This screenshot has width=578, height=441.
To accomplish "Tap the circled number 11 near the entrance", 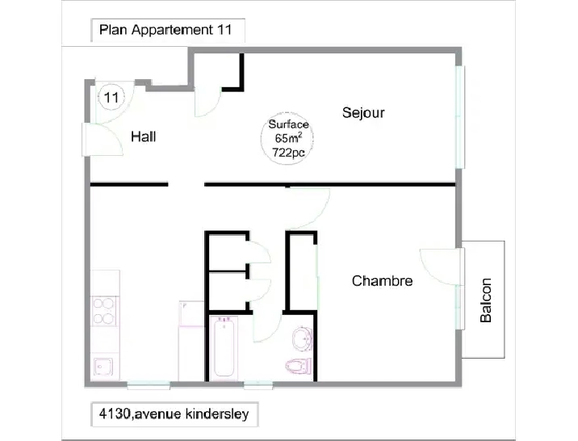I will pyautogui.click(x=111, y=99).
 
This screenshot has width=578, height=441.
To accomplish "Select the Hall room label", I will pyautogui.click(x=144, y=137).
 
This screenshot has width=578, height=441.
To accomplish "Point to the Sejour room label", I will pyautogui.click(x=362, y=112).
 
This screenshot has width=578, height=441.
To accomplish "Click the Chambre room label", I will pyautogui.click(x=382, y=281).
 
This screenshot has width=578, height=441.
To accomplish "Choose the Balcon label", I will pyautogui.click(x=486, y=300).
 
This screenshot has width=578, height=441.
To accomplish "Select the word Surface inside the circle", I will pyautogui.click(x=288, y=125).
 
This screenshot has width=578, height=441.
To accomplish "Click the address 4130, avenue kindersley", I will pyautogui.click(x=174, y=416).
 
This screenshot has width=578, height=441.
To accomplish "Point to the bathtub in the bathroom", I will pyautogui.click(x=225, y=346).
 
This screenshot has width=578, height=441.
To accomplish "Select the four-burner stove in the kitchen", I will pyautogui.click(x=105, y=311).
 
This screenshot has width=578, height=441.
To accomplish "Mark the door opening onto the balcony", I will pyautogui.click(x=440, y=267).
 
